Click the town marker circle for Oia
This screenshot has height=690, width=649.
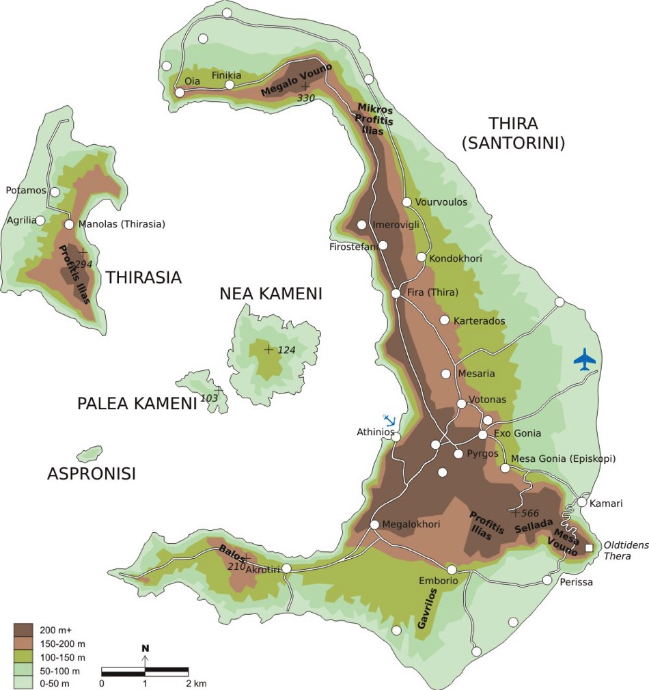(x=180, y=92)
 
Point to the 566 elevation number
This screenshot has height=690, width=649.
(x=530, y=513)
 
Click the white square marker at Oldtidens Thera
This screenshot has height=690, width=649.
(x=589, y=548)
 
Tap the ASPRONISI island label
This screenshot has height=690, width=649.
(x=91, y=473)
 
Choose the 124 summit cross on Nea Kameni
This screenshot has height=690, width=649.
(x=268, y=350)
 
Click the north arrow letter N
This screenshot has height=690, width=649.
(x=145, y=648)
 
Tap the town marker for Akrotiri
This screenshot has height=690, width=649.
(x=287, y=568)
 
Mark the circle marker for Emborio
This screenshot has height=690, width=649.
(x=452, y=569)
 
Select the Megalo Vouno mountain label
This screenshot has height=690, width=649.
(x=296, y=79)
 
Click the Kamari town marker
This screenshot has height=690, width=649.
(x=581, y=502)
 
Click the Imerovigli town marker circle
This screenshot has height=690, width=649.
(x=361, y=225)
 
